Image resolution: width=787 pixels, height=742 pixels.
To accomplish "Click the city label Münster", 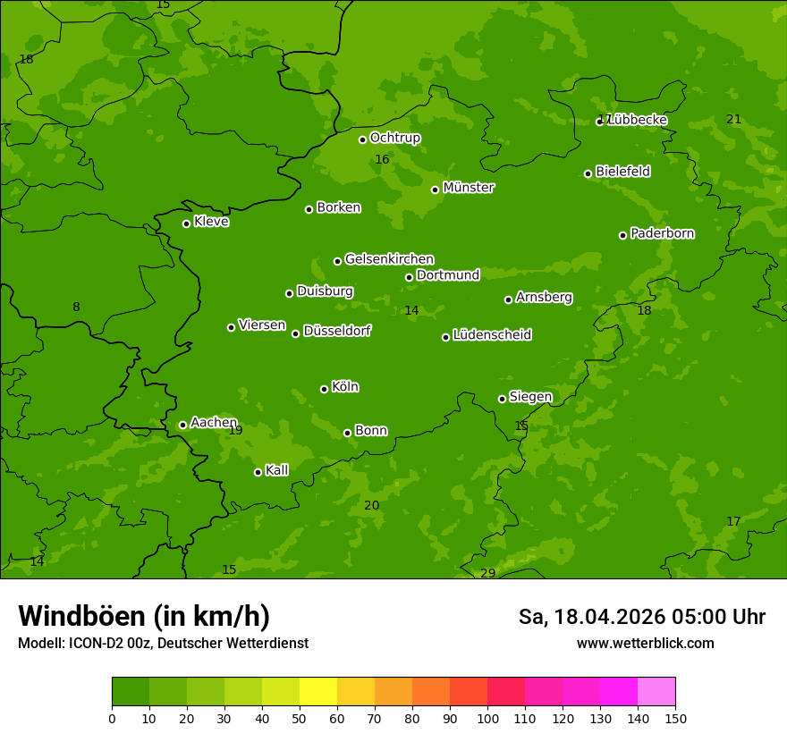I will click(x=468, y=188).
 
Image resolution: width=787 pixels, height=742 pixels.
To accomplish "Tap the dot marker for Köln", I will click(x=324, y=389).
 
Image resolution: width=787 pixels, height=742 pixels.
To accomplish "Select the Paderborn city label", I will click(x=662, y=233).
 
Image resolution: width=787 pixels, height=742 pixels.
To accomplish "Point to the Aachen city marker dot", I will click(x=182, y=425).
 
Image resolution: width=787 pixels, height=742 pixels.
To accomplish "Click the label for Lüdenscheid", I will click(x=492, y=335).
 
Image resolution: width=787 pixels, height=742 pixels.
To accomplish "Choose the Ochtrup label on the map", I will click(x=394, y=138).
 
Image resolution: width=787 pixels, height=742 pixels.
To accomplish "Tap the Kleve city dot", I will click(x=186, y=223).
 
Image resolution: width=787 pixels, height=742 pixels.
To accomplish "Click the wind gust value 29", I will click(x=487, y=573).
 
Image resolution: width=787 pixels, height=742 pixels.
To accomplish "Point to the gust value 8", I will click(x=76, y=308).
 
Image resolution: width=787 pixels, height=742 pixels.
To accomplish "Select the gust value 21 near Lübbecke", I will click(x=733, y=120).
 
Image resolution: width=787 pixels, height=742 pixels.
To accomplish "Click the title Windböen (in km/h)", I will click(x=144, y=616).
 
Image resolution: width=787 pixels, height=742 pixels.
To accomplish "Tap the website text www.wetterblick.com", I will click(x=645, y=643).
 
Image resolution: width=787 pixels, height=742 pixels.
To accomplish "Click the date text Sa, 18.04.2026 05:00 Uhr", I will click(x=641, y=617).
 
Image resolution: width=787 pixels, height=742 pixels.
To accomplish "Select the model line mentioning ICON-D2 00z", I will click(x=163, y=643).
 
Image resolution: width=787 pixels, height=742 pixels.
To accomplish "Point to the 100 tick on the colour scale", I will click(x=487, y=718).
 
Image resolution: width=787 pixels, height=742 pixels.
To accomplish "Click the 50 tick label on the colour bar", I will click(x=300, y=718).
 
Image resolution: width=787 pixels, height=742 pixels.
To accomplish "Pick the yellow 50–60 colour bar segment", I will click(x=318, y=692).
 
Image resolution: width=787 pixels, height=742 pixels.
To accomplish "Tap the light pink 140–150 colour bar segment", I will click(x=656, y=692).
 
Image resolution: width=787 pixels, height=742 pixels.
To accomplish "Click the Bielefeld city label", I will click(x=622, y=171).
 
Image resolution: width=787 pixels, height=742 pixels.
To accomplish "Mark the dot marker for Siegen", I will click(x=502, y=399).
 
